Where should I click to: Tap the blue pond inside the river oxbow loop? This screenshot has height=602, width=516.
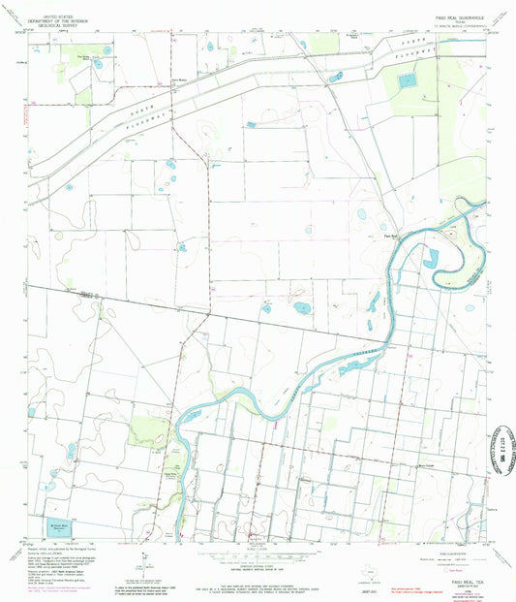click(x=430, y=258)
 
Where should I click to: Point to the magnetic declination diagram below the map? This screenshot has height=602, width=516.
click(x=142, y=560)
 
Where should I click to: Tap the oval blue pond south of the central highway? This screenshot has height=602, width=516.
click(x=301, y=309)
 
